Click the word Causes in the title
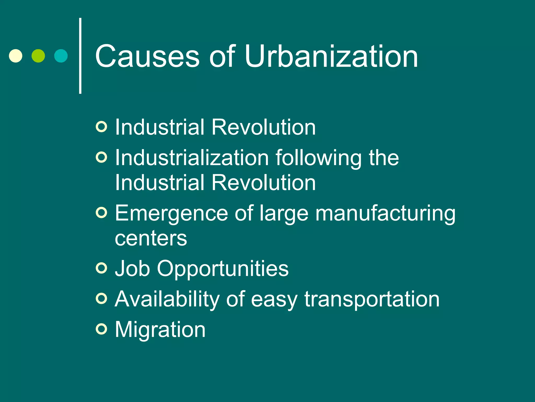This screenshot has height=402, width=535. pyautogui.click(x=147, y=56)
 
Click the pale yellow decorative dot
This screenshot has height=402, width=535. pyautogui.click(x=16, y=56)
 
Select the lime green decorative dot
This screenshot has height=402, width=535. pyautogui.click(x=38, y=56)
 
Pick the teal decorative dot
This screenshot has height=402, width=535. pyautogui.click(x=61, y=56)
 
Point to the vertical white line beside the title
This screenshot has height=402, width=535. pyautogui.click(x=80, y=55)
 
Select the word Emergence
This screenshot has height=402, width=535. pyautogui.click(x=171, y=214)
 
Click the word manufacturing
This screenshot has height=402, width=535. pyautogui.click(x=385, y=214)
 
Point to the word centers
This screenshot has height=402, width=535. pyautogui.click(x=151, y=238)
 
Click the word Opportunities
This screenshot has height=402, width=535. pyautogui.click(x=223, y=269)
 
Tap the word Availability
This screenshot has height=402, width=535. pyautogui.click(x=167, y=299)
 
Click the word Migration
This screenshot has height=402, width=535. pyautogui.click(x=160, y=330)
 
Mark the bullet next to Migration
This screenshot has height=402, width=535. pyautogui.click(x=101, y=329)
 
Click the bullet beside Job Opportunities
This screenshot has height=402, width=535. pyautogui.click(x=101, y=268)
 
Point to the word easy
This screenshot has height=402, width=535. pyautogui.click(x=274, y=300)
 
